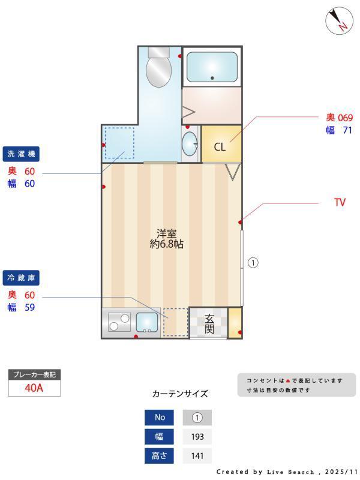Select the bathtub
[212, 67]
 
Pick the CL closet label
[220, 146]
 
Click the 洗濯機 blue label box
[22, 154]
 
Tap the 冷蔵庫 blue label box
[22, 278]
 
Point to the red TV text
[340, 203]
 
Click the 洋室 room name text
[166, 233]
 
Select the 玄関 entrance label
[209, 323]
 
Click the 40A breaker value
[34, 388]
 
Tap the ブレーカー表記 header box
[34, 375]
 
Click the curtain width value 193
[197, 437]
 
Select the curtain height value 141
[197, 456]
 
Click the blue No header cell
[160, 418]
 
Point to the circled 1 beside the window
[253, 262]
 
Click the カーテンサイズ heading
[180, 394]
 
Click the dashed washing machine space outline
[119, 143]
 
